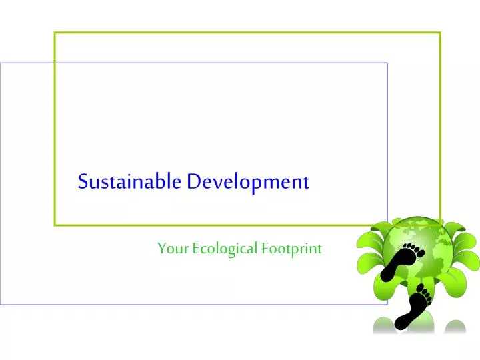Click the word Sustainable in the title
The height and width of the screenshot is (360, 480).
point(129,181)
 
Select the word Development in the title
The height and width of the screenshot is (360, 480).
point(248,182)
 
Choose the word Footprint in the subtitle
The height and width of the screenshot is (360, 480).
point(291,249)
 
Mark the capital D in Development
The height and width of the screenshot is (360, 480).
point(193,181)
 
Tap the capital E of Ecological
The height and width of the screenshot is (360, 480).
point(196,249)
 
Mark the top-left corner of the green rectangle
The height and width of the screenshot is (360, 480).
point(55,32)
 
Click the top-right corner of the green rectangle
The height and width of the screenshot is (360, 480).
point(441,32)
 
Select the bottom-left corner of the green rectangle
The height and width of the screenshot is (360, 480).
point(55,225)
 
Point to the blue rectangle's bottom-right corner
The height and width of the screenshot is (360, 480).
point(387,304)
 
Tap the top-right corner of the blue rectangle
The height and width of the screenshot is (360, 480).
point(387,63)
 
